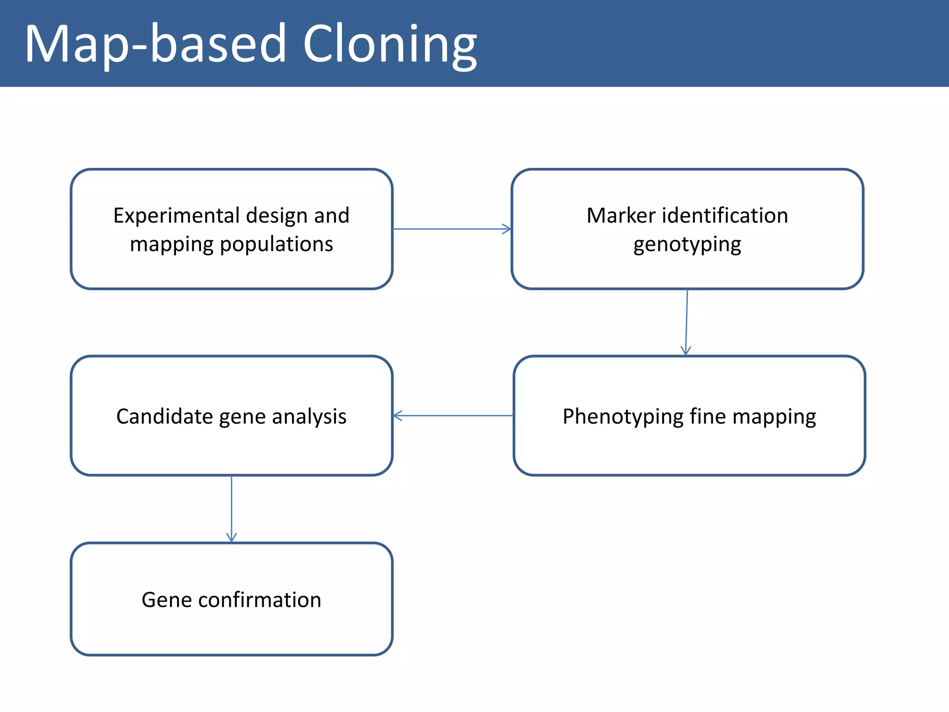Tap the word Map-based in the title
click(156, 44)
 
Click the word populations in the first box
click(276, 244)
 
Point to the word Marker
click(621, 216)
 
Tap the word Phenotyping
click(623, 417)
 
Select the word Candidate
click(164, 416)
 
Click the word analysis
click(309, 416)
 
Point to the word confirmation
click(259, 600)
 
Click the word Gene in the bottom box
click(166, 600)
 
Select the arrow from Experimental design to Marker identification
click(452, 229)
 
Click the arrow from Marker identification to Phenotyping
click(687, 323)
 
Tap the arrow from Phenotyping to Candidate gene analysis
click(453, 416)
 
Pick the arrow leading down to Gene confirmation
click(232, 509)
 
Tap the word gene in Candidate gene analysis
click(242, 417)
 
